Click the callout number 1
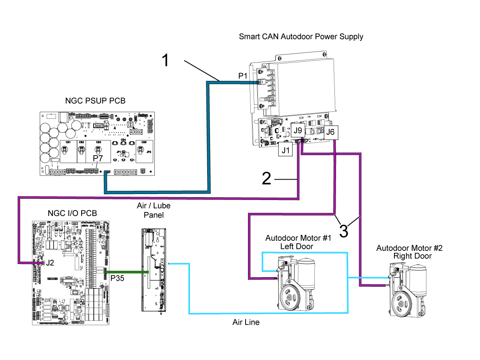pyautogui.click(x=166, y=60)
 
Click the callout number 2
pyautogui.click(x=266, y=178)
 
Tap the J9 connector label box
pyautogui.click(x=298, y=130)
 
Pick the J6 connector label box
pyautogui.click(x=330, y=132)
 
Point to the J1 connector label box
pyautogui.click(x=286, y=150)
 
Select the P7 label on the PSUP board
pyautogui.click(x=98, y=159)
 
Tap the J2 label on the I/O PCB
pyautogui.click(x=50, y=263)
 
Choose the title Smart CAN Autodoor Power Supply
pyautogui.click(x=301, y=37)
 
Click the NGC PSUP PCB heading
pyautogui.click(x=95, y=101)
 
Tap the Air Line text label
pyautogui.click(x=246, y=322)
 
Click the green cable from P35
pyautogui.click(x=126, y=272)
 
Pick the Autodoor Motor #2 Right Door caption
pyautogui.click(x=409, y=252)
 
